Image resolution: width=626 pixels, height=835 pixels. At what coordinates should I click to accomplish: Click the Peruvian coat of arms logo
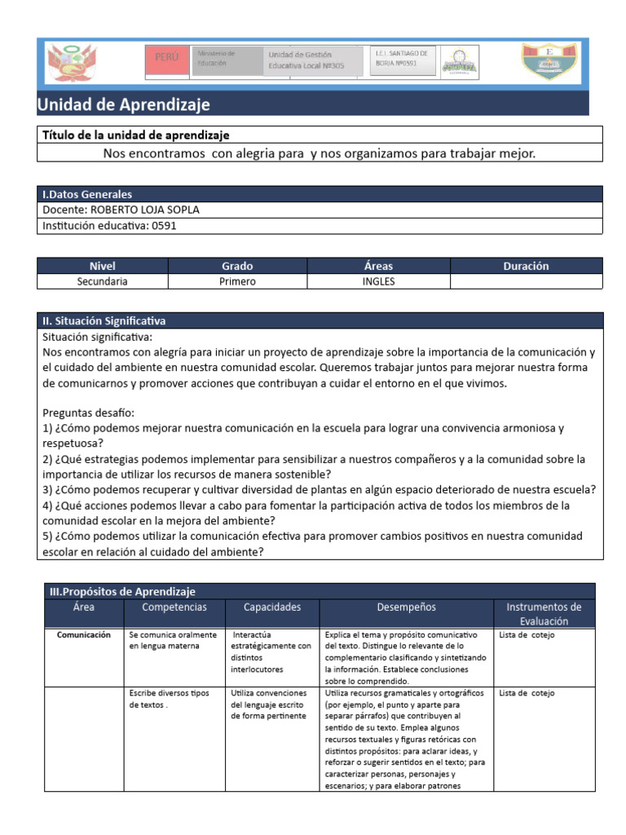click(x=67, y=63)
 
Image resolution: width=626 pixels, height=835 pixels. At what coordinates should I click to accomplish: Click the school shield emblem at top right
click(x=550, y=63)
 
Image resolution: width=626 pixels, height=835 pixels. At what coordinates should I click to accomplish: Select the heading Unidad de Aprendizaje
click(x=123, y=104)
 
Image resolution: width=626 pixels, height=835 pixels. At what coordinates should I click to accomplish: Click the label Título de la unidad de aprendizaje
click(x=135, y=135)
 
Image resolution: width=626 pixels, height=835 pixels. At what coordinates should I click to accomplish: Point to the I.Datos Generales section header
click(x=87, y=194)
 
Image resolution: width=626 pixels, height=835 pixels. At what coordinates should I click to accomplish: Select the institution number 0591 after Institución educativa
click(x=163, y=226)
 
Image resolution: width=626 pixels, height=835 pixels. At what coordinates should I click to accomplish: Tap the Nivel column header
click(x=103, y=266)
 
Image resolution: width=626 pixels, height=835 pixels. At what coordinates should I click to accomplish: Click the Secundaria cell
click(x=103, y=281)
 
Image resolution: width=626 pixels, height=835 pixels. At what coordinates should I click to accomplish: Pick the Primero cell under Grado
click(x=237, y=281)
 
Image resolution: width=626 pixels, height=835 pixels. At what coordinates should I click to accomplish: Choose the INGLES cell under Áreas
click(x=378, y=281)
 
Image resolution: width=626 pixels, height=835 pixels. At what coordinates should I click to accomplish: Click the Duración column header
click(x=526, y=266)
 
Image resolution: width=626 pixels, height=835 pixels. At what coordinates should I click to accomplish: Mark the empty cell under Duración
click(x=526, y=281)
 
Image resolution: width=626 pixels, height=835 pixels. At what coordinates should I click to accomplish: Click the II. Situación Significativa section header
click(x=104, y=320)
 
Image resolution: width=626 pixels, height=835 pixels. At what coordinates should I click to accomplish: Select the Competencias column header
click(x=174, y=607)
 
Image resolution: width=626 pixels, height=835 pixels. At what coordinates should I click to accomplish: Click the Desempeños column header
click(x=406, y=607)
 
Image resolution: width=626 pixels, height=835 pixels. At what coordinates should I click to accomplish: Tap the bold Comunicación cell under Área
click(x=83, y=634)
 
